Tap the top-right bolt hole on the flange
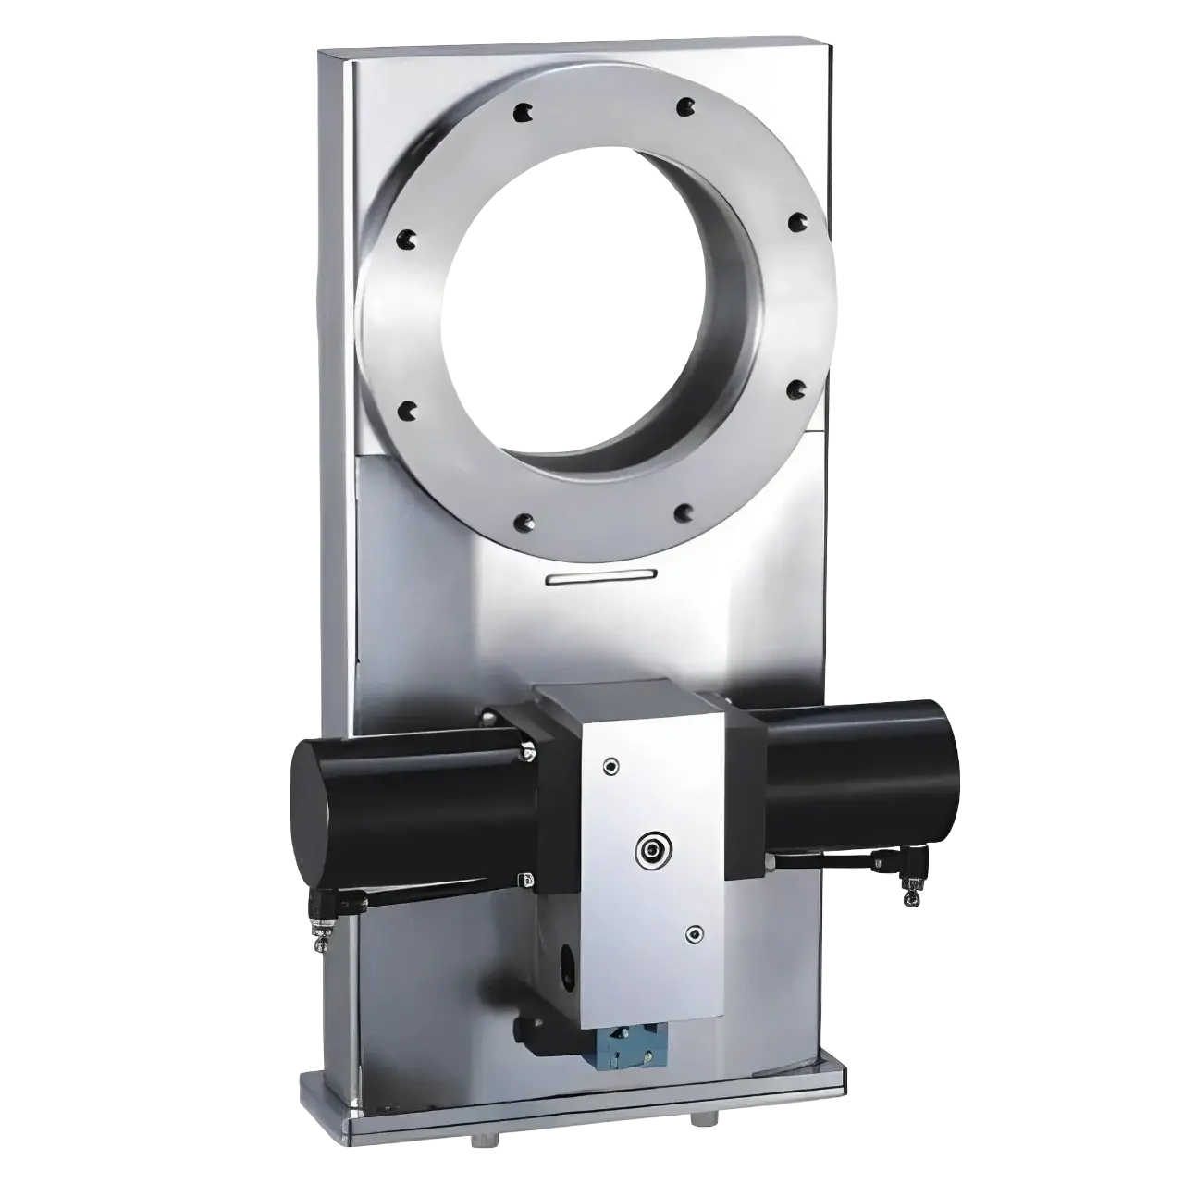click(684, 108)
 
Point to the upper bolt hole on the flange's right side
click(795, 222)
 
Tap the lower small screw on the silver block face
click(694, 933)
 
